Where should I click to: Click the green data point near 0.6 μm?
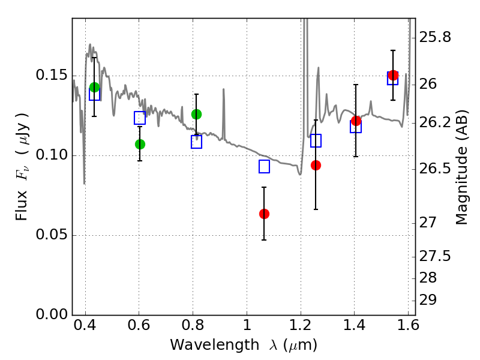tap(140, 144)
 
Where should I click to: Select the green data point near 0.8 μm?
tap(196, 114)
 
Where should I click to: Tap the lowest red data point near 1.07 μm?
tap(264, 214)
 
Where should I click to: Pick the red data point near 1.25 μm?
tap(316, 165)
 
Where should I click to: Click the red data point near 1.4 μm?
tap(356, 121)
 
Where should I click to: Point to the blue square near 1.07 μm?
tap(264, 167)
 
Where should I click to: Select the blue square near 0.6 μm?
tap(140, 118)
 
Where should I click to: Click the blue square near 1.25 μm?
tap(316, 140)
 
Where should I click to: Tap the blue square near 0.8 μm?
tap(196, 142)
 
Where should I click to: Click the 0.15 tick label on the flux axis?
tap(53, 76)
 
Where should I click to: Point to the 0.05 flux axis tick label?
tap(53, 235)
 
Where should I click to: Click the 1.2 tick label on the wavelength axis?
tap(301, 327)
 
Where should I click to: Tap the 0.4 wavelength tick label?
tap(85, 327)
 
